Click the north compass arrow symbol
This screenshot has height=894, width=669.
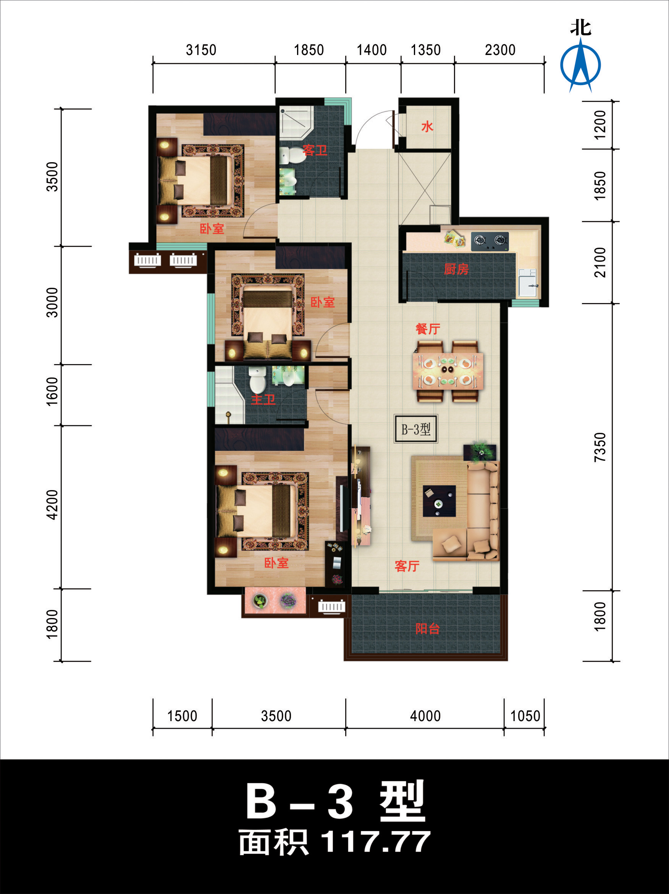(x=580, y=65)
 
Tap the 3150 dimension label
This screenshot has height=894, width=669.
(x=201, y=50)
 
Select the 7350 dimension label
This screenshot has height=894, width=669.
(x=600, y=447)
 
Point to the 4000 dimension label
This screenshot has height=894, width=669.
(x=425, y=716)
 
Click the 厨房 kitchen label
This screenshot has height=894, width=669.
(x=456, y=269)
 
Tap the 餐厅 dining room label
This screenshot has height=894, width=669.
(x=428, y=329)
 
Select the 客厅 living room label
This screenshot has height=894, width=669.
(x=407, y=566)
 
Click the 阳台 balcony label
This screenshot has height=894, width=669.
(x=427, y=628)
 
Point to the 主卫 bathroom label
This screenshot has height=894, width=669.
(x=263, y=399)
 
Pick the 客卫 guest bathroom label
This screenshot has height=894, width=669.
(x=315, y=150)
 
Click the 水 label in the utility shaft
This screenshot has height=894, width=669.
(x=427, y=126)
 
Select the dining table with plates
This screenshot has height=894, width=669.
(x=448, y=371)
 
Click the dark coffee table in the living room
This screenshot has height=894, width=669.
(x=439, y=501)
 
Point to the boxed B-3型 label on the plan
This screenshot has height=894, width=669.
(x=416, y=429)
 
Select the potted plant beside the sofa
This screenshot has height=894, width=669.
(x=480, y=452)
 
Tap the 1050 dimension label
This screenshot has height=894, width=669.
(x=525, y=716)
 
